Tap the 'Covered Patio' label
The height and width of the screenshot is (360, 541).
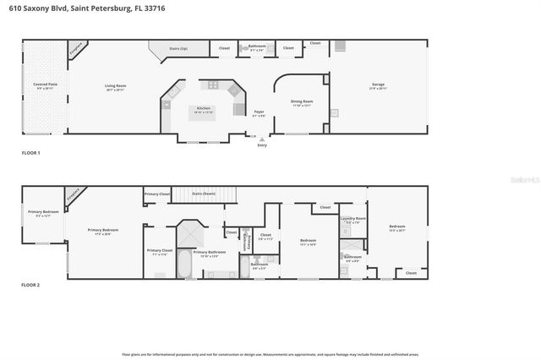click(x=46, y=85)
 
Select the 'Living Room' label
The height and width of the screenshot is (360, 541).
click(x=115, y=85)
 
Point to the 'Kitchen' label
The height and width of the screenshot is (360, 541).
click(x=204, y=108)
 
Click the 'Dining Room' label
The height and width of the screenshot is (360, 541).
click(x=303, y=102)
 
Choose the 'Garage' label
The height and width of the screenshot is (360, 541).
click(x=378, y=85)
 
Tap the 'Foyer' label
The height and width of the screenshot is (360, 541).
click(x=260, y=112)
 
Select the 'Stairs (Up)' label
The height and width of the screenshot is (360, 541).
click(x=178, y=48)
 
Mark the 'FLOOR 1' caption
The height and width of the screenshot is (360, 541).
click(x=30, y=152)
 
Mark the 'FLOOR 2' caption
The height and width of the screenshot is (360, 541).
click(x=30, y=285)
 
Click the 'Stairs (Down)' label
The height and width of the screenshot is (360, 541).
click(x=204, y=194)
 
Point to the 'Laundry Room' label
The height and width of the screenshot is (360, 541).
click(x=352, y=219)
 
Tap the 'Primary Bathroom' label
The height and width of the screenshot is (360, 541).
click(x=209, y=251)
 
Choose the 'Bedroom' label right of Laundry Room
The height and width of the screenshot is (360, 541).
click(x=396, y=226)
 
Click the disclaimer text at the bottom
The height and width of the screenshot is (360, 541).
click(x=270, y=354)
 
